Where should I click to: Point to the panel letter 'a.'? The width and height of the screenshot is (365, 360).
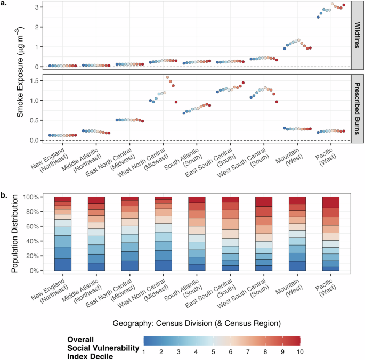tap(5, 4)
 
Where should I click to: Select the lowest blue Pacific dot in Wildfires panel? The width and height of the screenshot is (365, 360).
tap(318, 17)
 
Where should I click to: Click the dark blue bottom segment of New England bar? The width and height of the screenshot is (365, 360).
tap(62, 264)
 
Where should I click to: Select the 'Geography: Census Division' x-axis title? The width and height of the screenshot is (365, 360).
tap(197, 323)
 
